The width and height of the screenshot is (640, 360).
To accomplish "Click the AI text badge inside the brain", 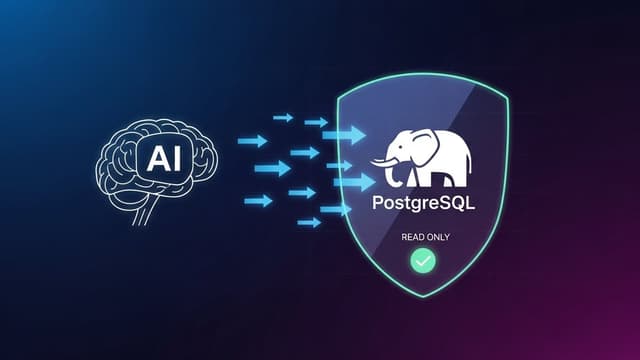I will pyautogui.click(x=163, y=157).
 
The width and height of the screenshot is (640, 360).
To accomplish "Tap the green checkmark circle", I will pyautogui.click(x=423, y=261).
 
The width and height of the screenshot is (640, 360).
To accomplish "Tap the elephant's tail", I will pyautogui.click(x=469, y=160).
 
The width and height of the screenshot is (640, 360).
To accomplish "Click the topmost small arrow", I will pyautogui.click(x=284, y=118).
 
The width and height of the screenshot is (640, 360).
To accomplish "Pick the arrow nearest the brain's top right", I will pyautogui.click(x=252, y=141).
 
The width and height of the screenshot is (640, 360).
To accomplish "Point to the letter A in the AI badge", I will pyautogui.click(x=155, y=157).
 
